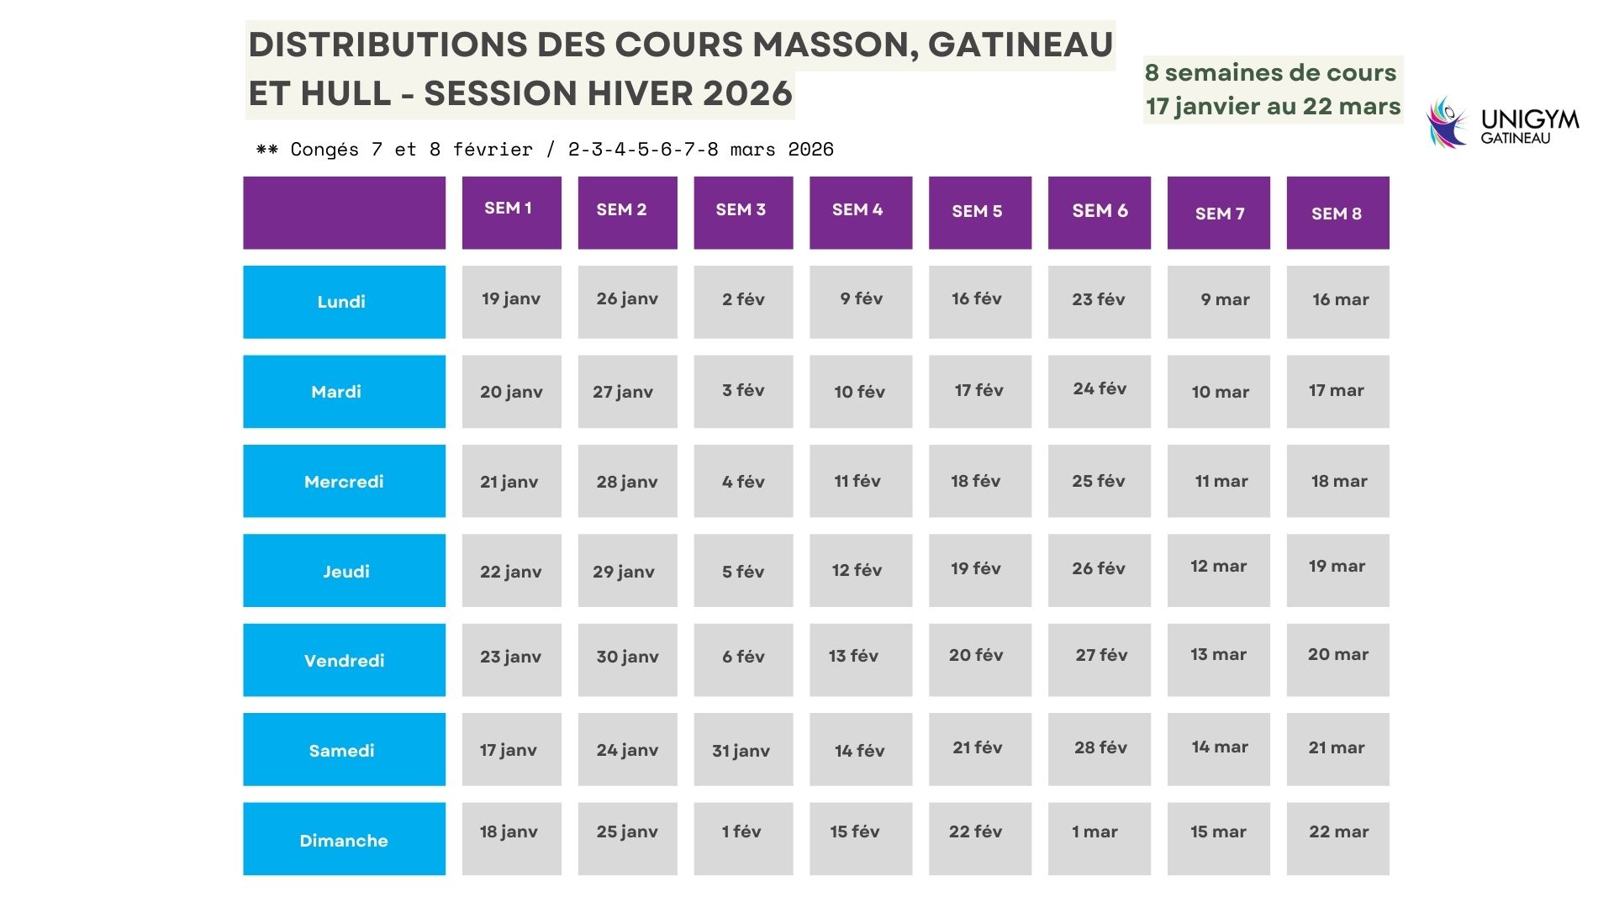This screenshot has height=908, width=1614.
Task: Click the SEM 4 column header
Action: point(860,212)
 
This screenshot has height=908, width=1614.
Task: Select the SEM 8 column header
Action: point(1337,213)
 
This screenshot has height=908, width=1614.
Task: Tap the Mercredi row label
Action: point(344,481)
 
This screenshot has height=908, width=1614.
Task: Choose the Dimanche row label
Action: point(344,839)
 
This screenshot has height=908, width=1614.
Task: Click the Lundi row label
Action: point(344,302)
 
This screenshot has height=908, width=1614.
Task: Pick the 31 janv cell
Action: point(742,749)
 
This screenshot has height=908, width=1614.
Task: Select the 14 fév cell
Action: point(860,749)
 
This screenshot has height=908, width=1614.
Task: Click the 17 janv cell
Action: point(511,749)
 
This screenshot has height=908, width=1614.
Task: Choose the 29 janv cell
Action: point(626,570)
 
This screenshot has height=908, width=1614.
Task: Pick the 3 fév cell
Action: point(742,391)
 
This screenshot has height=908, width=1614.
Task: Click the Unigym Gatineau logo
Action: point(1502,123)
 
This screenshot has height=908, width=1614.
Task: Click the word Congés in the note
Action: point(324,150)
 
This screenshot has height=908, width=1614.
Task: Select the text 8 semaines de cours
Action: point(1270,73)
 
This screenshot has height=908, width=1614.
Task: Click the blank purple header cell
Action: point(344,212)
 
